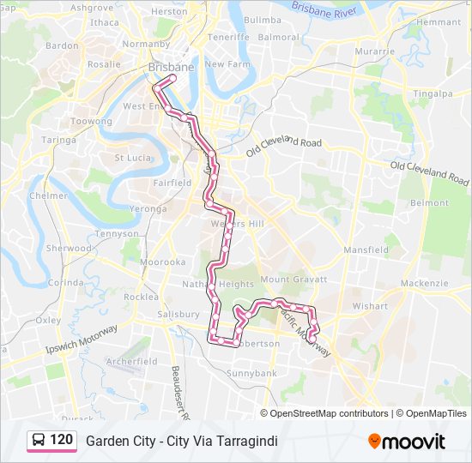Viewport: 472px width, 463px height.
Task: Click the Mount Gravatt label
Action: (x=293, y=280)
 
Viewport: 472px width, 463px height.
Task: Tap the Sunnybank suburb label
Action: (x=252, y=374)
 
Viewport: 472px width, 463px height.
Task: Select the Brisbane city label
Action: (x=171, y=66)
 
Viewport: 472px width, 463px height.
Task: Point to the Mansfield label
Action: (x=366, y=250)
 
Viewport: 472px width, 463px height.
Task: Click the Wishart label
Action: (x=370, y=305)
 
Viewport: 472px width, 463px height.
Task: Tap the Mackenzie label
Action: (x=424, y=283)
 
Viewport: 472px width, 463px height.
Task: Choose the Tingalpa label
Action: (x=432, y=93)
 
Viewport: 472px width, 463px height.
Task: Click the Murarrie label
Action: (x=376, y=51)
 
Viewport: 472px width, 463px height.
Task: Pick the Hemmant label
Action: (x=443, y=21)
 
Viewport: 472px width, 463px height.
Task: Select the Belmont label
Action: (x=430, y=203)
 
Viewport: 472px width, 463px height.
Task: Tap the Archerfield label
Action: (x=132, y=362)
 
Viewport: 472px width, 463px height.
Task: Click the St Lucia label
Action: (x=133, y=158)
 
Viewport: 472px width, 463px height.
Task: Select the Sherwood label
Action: (x=69, y=249)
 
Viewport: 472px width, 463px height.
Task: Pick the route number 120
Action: (x=61, y=441)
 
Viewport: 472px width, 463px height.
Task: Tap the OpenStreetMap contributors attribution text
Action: (x=329, y=413)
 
